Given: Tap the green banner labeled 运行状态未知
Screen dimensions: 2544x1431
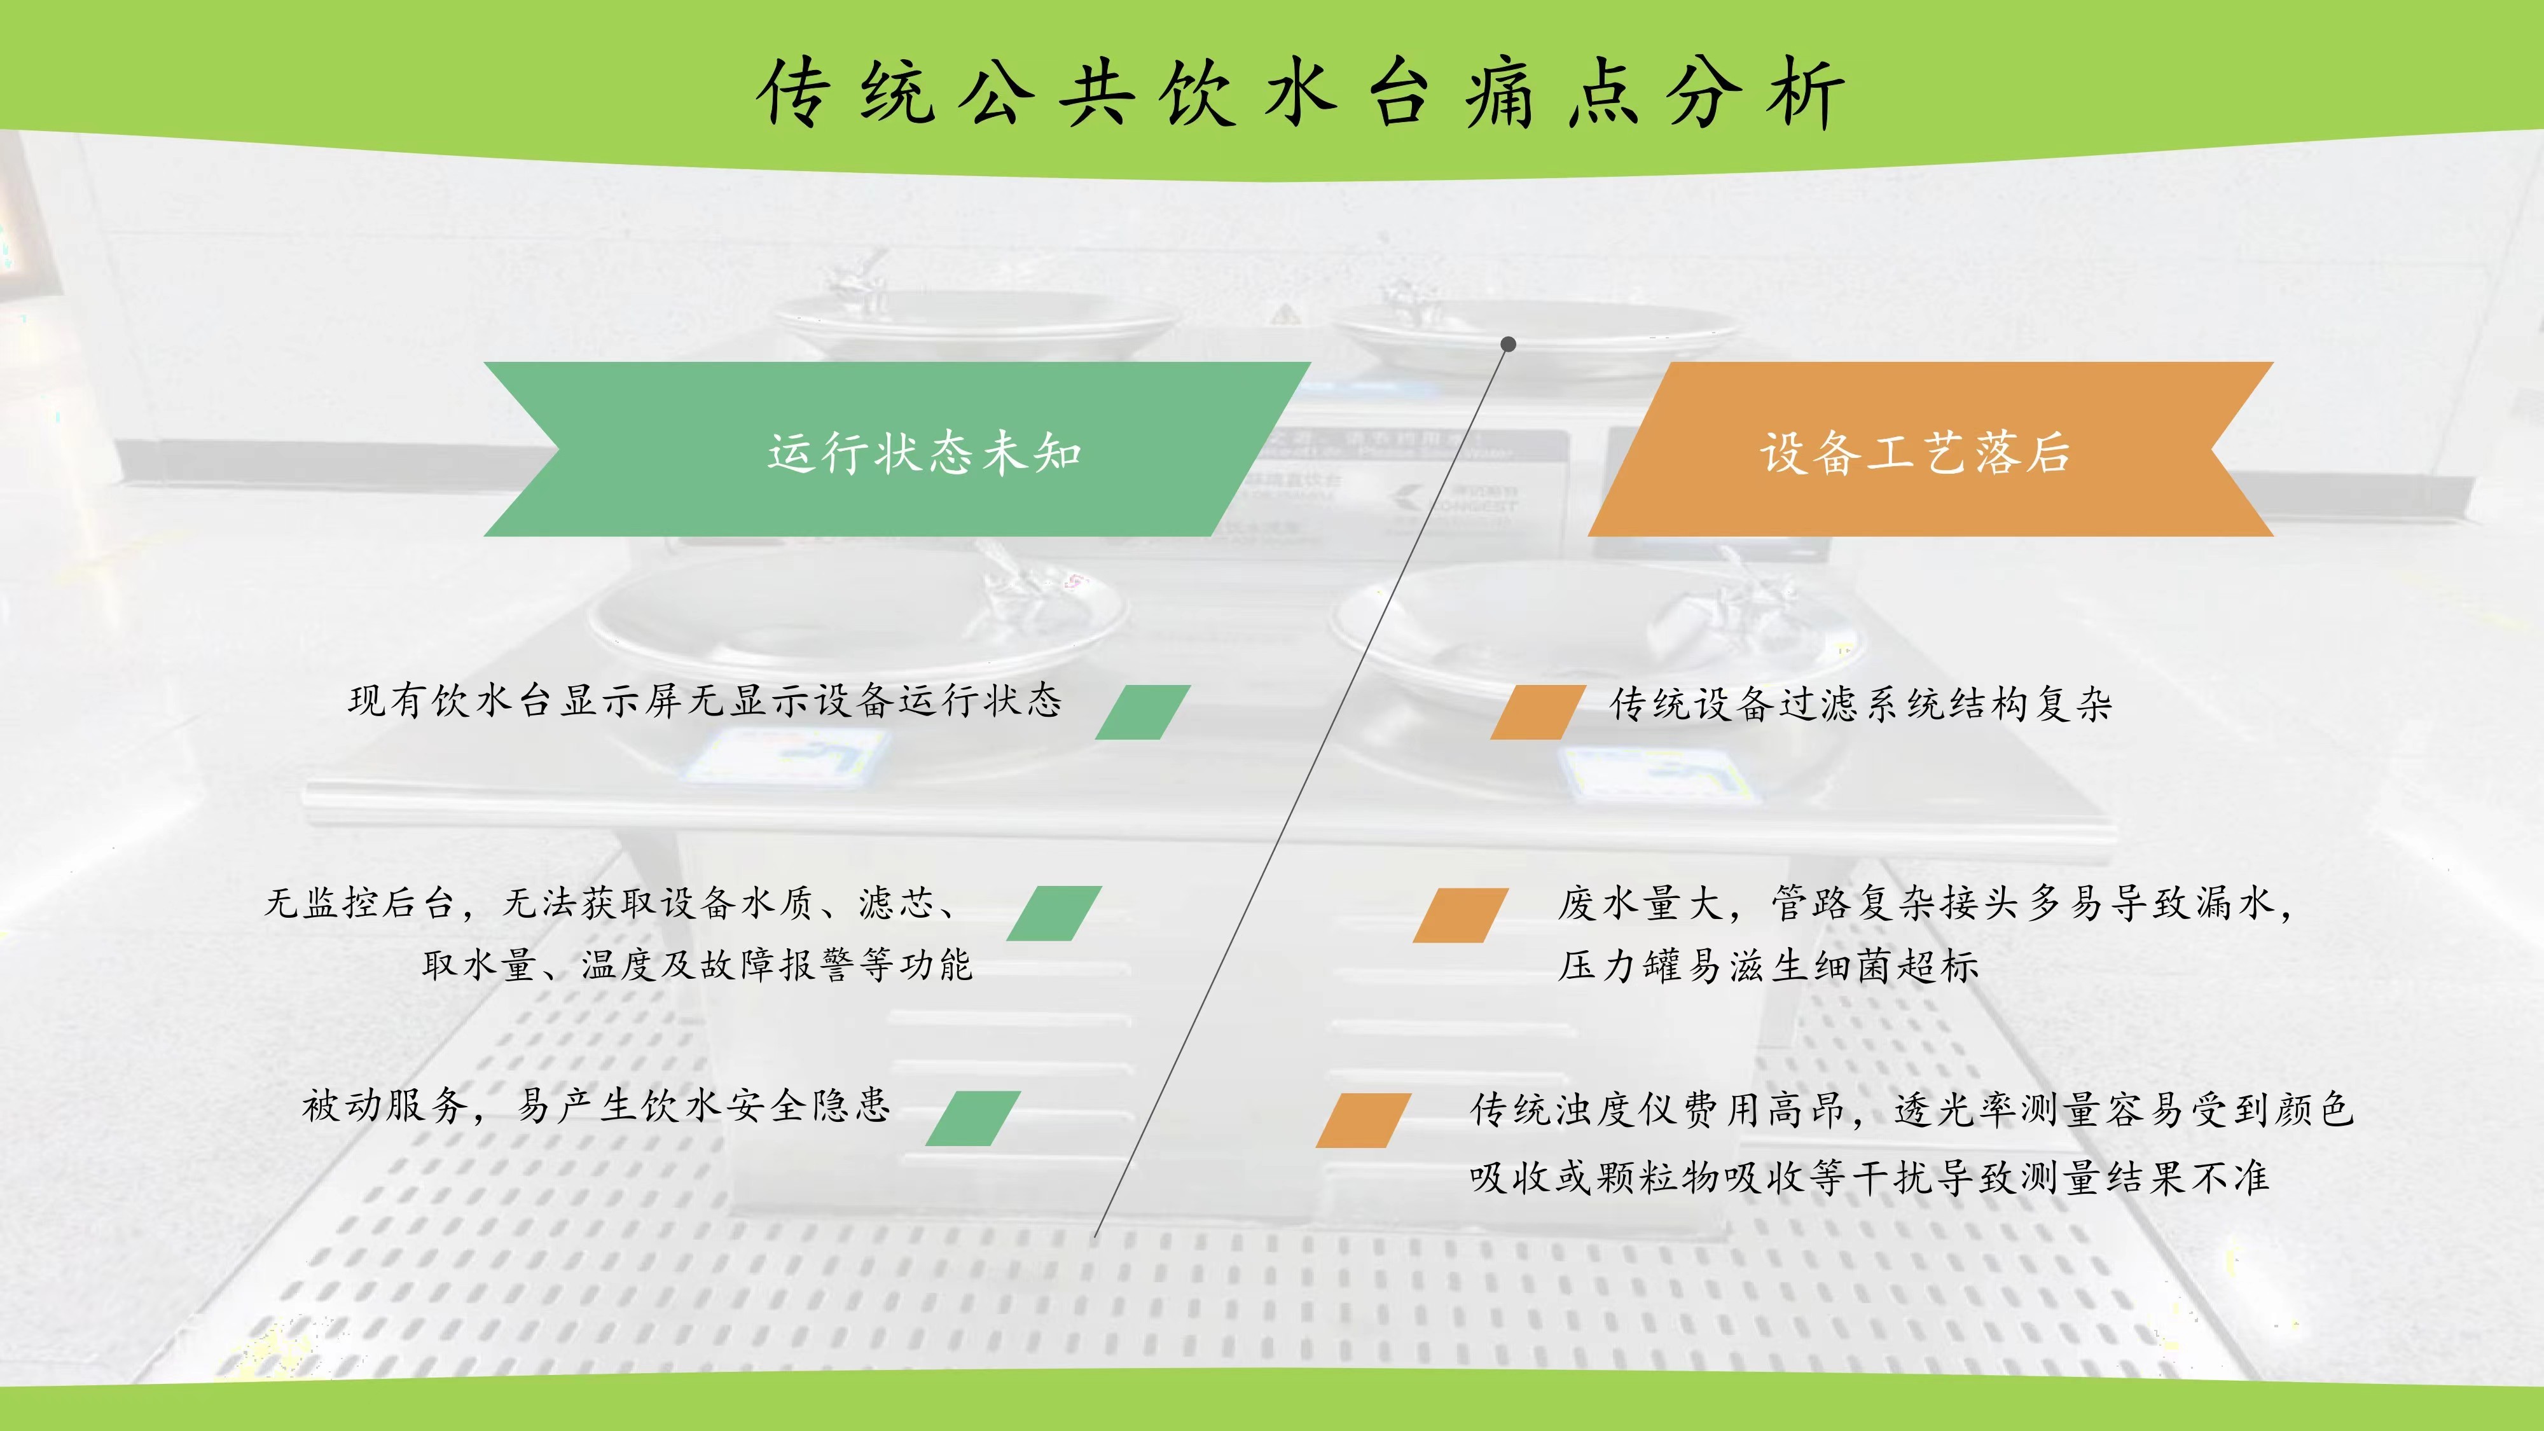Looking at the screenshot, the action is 897,450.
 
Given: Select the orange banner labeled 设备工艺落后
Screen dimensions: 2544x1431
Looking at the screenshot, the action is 1931,450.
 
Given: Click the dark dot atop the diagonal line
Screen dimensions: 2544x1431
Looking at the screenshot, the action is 1508,343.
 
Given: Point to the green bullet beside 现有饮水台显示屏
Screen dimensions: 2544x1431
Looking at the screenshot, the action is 1143,712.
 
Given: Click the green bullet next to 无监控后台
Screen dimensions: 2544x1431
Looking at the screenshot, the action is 1054,913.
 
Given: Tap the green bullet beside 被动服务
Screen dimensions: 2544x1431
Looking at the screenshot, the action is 973,1119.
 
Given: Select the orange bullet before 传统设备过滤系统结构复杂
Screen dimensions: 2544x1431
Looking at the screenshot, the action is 1538,712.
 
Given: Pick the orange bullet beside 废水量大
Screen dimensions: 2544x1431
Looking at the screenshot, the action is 1461,915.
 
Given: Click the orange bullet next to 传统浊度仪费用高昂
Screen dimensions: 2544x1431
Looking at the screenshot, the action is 1364,1120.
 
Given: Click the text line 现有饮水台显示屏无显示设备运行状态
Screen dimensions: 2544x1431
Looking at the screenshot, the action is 705,700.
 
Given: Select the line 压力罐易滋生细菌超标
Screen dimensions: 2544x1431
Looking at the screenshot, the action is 1769,965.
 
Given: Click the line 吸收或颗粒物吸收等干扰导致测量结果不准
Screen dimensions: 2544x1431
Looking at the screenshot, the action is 1869,1176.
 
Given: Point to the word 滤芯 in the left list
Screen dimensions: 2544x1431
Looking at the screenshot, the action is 897,902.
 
